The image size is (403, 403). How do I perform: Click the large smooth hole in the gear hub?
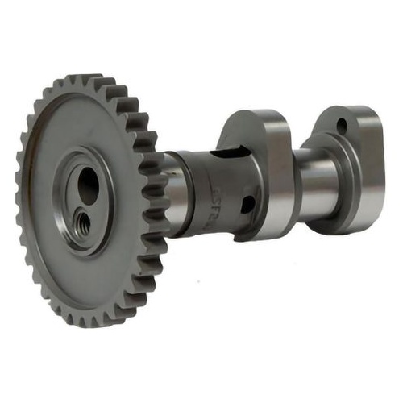(88, 186)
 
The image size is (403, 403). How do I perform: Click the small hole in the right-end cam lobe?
(343, 127)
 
